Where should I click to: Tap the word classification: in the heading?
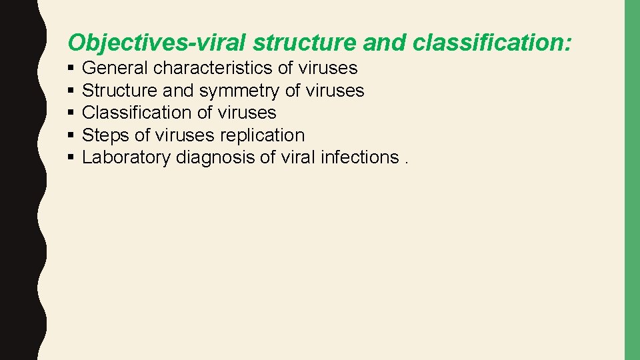(x=493, y=43)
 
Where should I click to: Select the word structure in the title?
(x=307, y=43)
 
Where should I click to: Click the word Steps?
(x=105, y=135)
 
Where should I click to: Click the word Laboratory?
(x=126, y=157)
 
